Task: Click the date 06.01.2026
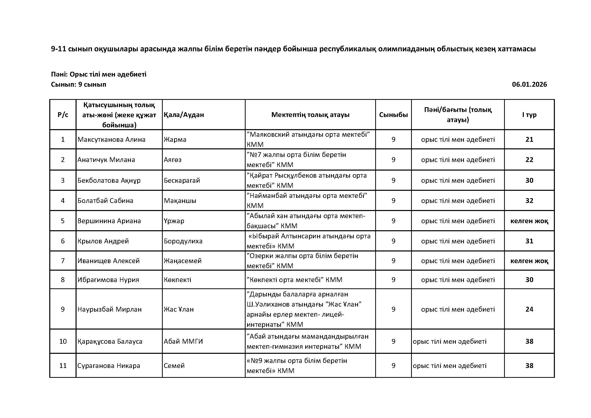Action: [529, 84]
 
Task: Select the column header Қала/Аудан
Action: [184, 115]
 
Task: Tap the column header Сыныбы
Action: [393, 115]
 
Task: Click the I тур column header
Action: [529, 115]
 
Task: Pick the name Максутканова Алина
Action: [111, 140]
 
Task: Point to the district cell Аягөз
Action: [173, 160]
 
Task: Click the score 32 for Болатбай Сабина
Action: [529, 200]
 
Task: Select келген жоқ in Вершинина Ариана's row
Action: [529, 221]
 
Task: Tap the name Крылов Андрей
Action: [103, 241]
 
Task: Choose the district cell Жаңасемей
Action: [182, 261]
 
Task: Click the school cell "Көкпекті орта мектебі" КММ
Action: [294, 280]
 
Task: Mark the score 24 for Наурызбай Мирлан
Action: [529, 309]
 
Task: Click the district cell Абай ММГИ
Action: [183, 341]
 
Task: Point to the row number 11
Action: [63, 365]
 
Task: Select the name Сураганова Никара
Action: [109, 365]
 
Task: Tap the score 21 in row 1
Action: [529, 140]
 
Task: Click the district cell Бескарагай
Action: [182, 180]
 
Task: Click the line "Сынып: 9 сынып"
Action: [79, 84]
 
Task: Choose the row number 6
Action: [63, 241]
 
